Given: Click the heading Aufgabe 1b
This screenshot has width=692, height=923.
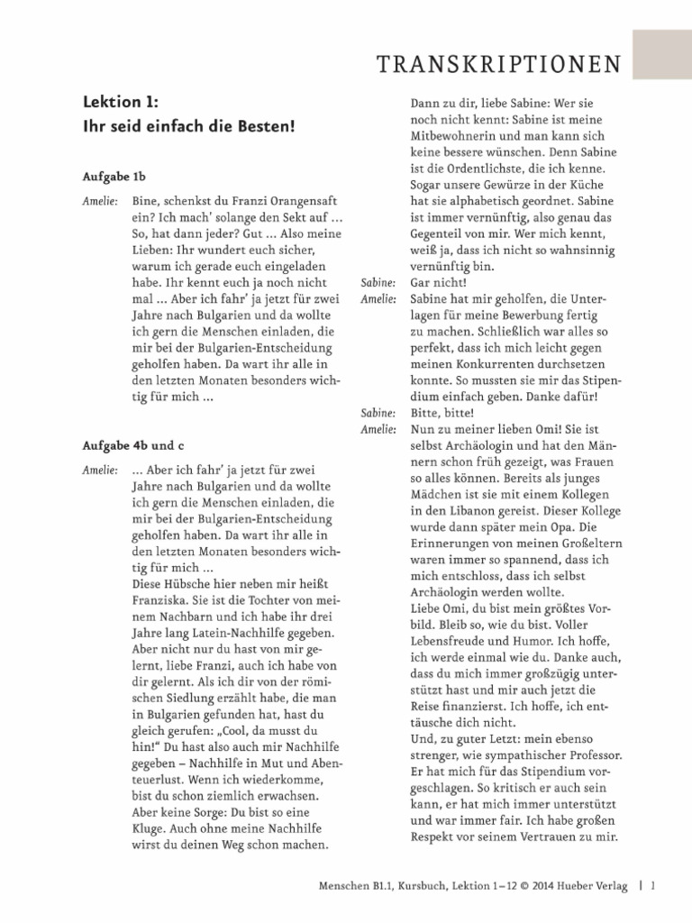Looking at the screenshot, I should tap(114, 178).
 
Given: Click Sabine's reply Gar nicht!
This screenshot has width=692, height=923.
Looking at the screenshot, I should tap(435, 282).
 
